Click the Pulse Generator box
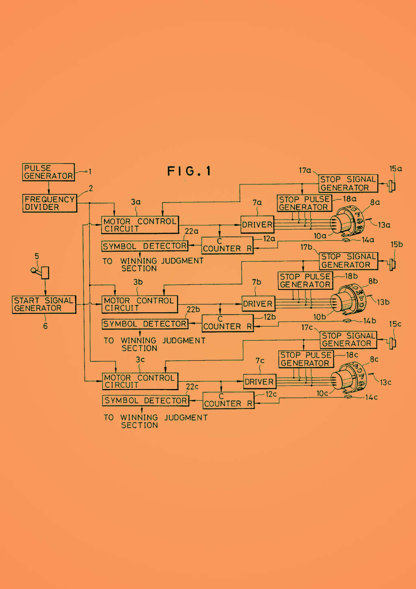point(48,172)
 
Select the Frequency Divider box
point(50,203)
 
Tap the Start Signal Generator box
point(44,304)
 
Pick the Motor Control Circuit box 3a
point(140,225)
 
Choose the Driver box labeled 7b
point(258,304)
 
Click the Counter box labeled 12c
point(228,400)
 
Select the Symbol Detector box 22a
point(145,246)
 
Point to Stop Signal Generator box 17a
point(348,183)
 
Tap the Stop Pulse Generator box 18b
point(305,281)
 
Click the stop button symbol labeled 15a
point(392,186)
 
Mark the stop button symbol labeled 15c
point(392,343)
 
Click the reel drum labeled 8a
point(347,221)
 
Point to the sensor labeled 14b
point(347,321)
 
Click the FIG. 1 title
point(189,171)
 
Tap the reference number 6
point(45,326)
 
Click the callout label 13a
point(384,225)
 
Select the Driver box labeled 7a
point(257,225)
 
